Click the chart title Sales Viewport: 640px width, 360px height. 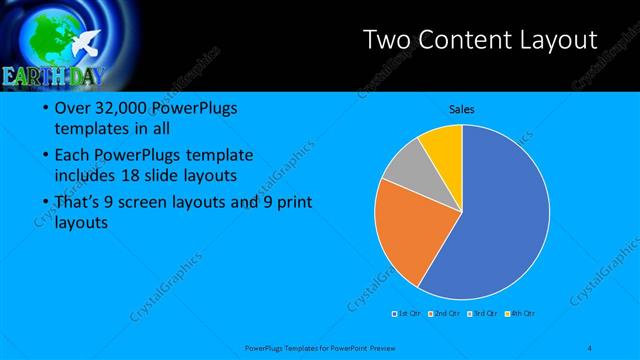click(x=461, y=109)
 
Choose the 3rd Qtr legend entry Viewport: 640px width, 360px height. click(x=481, y=313)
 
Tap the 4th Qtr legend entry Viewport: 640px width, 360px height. click(x=519, y=313)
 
